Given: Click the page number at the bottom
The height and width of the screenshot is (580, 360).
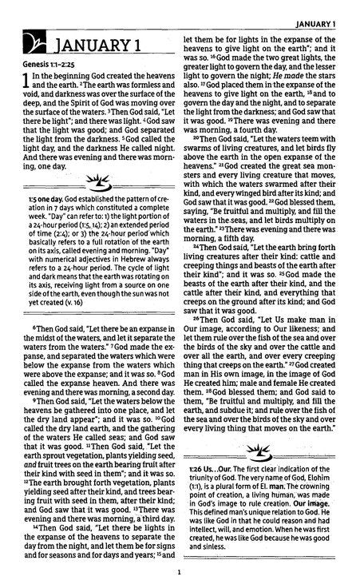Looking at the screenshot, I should (180, 572).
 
